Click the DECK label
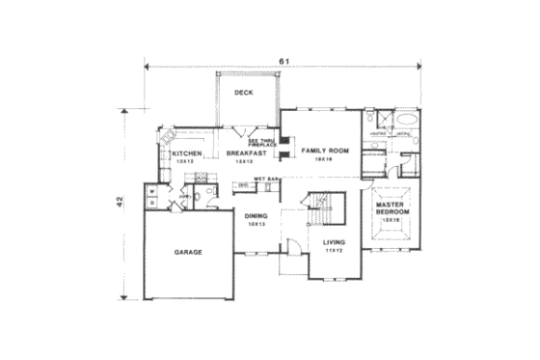tap(244, 94)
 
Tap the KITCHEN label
tap(186, 153)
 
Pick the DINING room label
tap(256, 216)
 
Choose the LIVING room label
tap(333, 245)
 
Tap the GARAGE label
tap(188, 252)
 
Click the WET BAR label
tap(266, 180)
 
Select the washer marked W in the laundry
tap(152, 192)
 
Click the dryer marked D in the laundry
tap(152, 204)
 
